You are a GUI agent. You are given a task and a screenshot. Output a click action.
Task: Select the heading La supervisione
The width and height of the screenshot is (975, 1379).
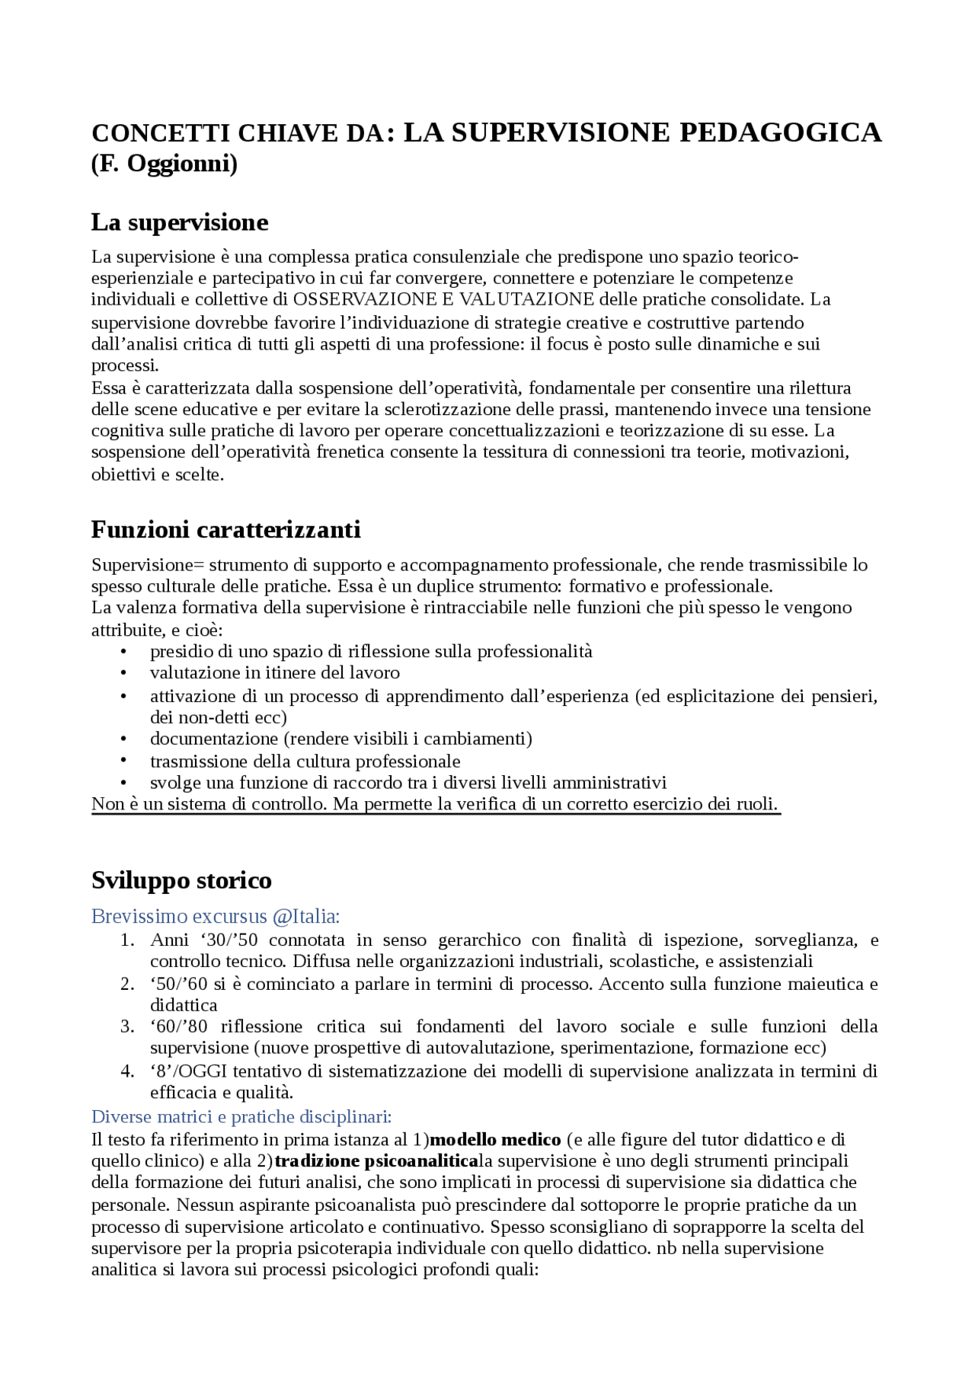coord(180,222)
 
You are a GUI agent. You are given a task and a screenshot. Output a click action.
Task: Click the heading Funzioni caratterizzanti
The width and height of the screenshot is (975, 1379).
coord(225,529)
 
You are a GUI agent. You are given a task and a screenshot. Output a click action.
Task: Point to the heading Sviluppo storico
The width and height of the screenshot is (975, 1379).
coord(181,880)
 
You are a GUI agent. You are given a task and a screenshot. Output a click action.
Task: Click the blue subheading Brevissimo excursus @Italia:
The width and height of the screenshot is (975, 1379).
coord(216,916)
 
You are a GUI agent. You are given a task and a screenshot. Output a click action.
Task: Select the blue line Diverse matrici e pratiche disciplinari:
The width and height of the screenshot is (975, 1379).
coord(241,1116)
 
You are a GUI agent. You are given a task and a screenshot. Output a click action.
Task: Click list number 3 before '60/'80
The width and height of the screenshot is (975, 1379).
coord(127,1026)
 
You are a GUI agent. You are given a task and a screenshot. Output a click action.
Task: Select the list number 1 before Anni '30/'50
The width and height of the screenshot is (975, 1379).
coord(127,940)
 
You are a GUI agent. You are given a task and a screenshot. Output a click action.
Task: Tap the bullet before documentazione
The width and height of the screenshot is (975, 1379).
coord(124,739)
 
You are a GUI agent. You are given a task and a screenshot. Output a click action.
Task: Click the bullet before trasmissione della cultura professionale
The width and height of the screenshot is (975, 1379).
coord(124,761)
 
